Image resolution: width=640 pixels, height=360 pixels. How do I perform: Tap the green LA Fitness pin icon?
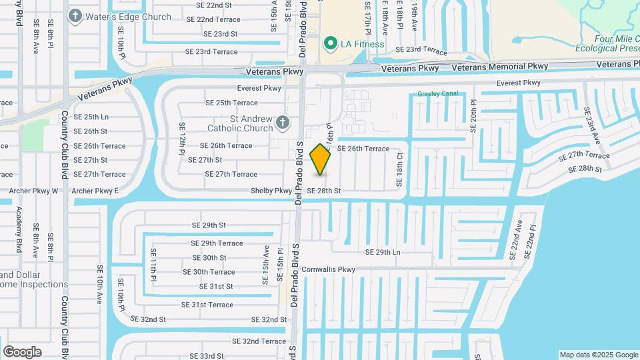coord(329,44)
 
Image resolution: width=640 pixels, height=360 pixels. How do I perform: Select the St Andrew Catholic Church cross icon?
coord(283,122)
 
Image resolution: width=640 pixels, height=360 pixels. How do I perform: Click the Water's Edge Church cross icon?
coord(75,15)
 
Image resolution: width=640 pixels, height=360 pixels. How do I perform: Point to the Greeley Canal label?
coord(438,94)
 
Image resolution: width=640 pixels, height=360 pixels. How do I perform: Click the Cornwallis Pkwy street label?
coord(329,270)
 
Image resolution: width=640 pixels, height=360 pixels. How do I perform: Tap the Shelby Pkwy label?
coord(271,191)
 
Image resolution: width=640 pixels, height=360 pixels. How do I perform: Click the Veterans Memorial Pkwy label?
coord(499,67)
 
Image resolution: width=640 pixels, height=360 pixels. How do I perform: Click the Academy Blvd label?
coord(19,228)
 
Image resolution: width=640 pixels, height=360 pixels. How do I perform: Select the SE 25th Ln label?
coord(91,117)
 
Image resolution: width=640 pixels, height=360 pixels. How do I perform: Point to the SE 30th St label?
coord(209,257)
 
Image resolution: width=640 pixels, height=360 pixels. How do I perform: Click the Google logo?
coord(22,352)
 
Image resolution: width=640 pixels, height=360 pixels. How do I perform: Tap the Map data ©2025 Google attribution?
coord(598,355)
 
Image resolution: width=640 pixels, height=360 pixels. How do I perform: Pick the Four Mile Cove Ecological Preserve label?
coord(608,43)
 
